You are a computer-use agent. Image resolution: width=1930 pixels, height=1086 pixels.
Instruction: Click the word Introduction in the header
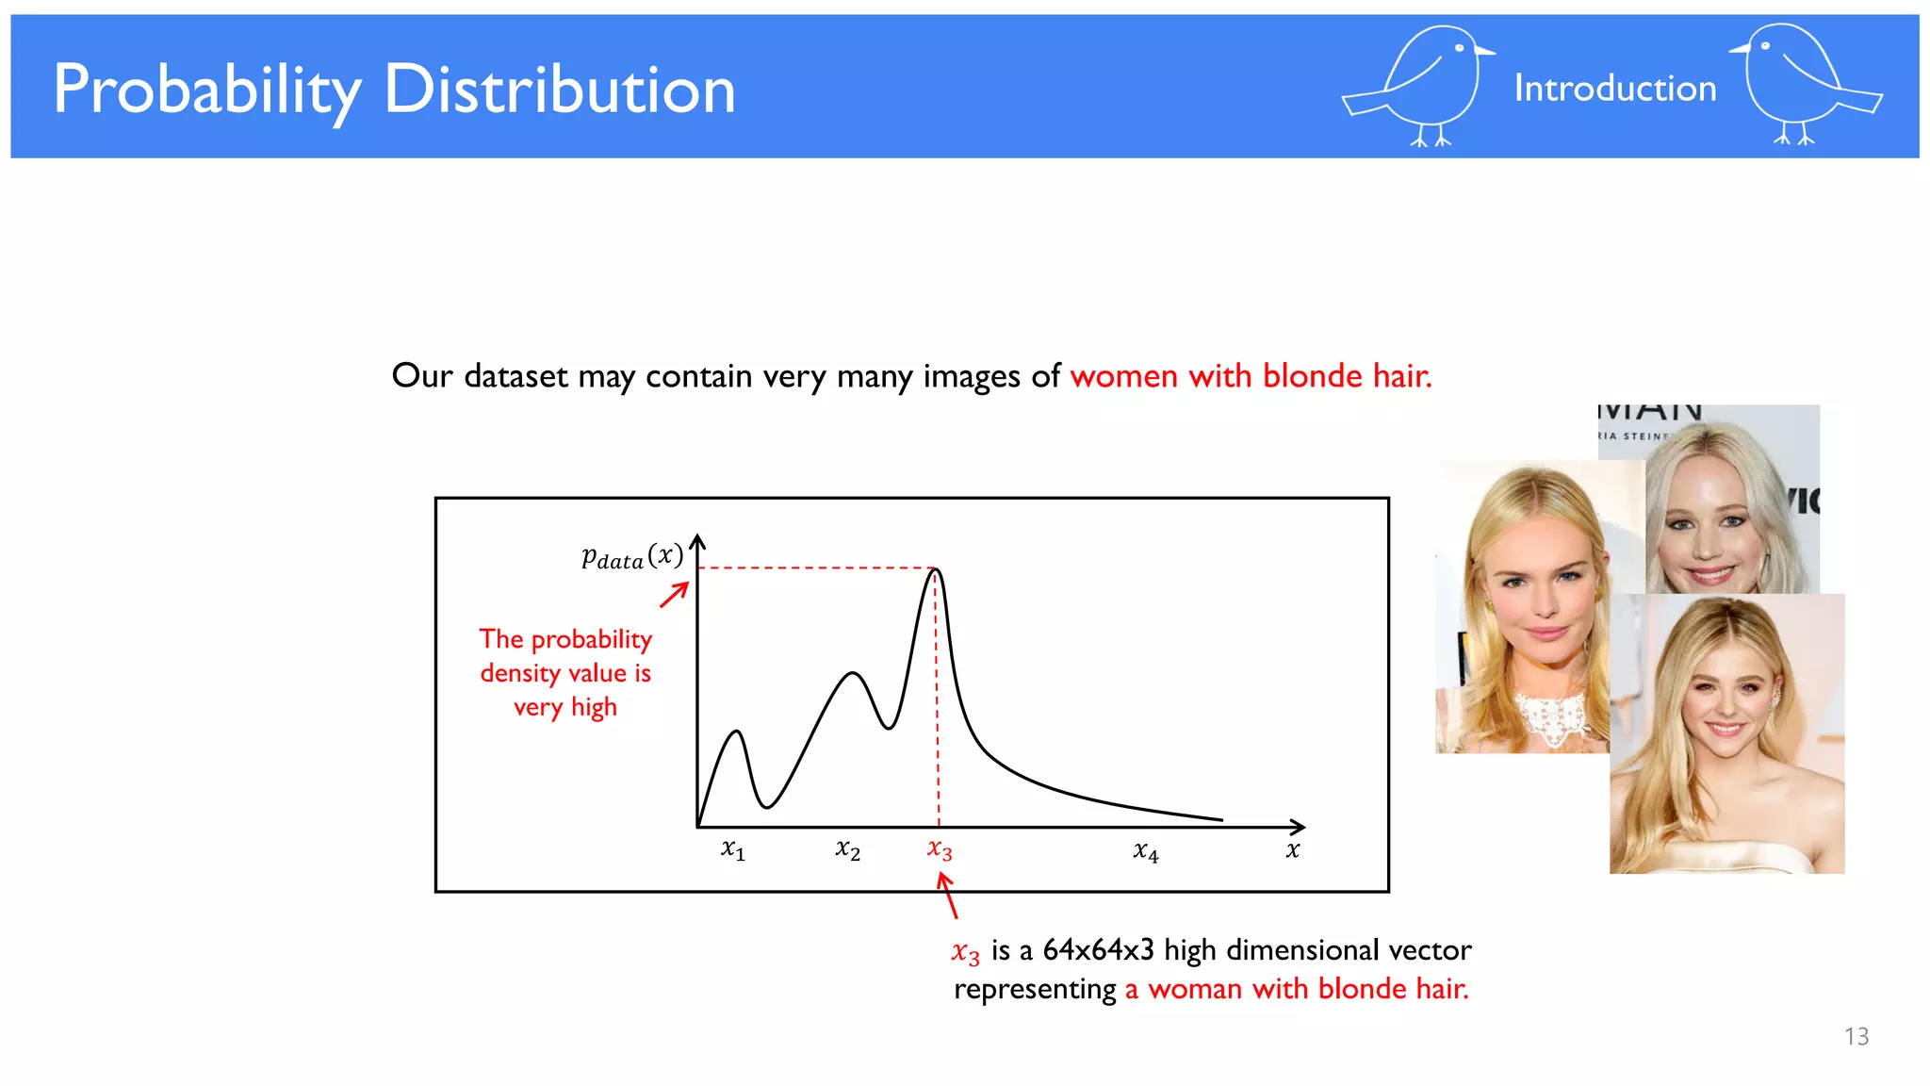[1614, 89]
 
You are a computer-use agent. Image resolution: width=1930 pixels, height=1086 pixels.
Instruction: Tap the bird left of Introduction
[1421, 87]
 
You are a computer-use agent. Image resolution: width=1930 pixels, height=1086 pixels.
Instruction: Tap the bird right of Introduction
[1802, 85]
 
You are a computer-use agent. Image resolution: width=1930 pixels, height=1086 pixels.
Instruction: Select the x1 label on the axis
[733, 849]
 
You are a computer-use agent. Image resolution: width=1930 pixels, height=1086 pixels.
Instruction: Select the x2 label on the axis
[847, 849]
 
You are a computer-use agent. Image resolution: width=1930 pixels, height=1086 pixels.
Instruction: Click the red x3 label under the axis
[940, 849]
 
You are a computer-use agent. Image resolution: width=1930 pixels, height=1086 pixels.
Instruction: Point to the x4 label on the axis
[1145, 851]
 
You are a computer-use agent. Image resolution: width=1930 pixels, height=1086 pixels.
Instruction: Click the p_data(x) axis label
[631, 556]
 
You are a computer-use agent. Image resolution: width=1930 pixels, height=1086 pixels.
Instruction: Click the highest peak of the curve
[935, 569]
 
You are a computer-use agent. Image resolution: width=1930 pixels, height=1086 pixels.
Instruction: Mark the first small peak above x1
[737, 732]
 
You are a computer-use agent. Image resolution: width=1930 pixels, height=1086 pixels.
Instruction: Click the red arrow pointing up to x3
[948, 896]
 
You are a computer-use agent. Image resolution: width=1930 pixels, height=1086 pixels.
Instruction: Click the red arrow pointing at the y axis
[674, 595]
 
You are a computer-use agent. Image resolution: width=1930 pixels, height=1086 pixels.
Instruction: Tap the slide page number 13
[1856, 1036]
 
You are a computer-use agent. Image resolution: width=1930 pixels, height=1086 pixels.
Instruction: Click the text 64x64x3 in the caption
[1098, 949]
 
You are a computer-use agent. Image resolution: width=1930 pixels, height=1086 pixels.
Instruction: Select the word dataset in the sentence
[515, 376]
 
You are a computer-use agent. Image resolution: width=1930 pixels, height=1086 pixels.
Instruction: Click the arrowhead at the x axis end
[1299, 827]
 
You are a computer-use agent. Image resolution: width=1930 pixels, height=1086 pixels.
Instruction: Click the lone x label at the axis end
[1292, 849]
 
